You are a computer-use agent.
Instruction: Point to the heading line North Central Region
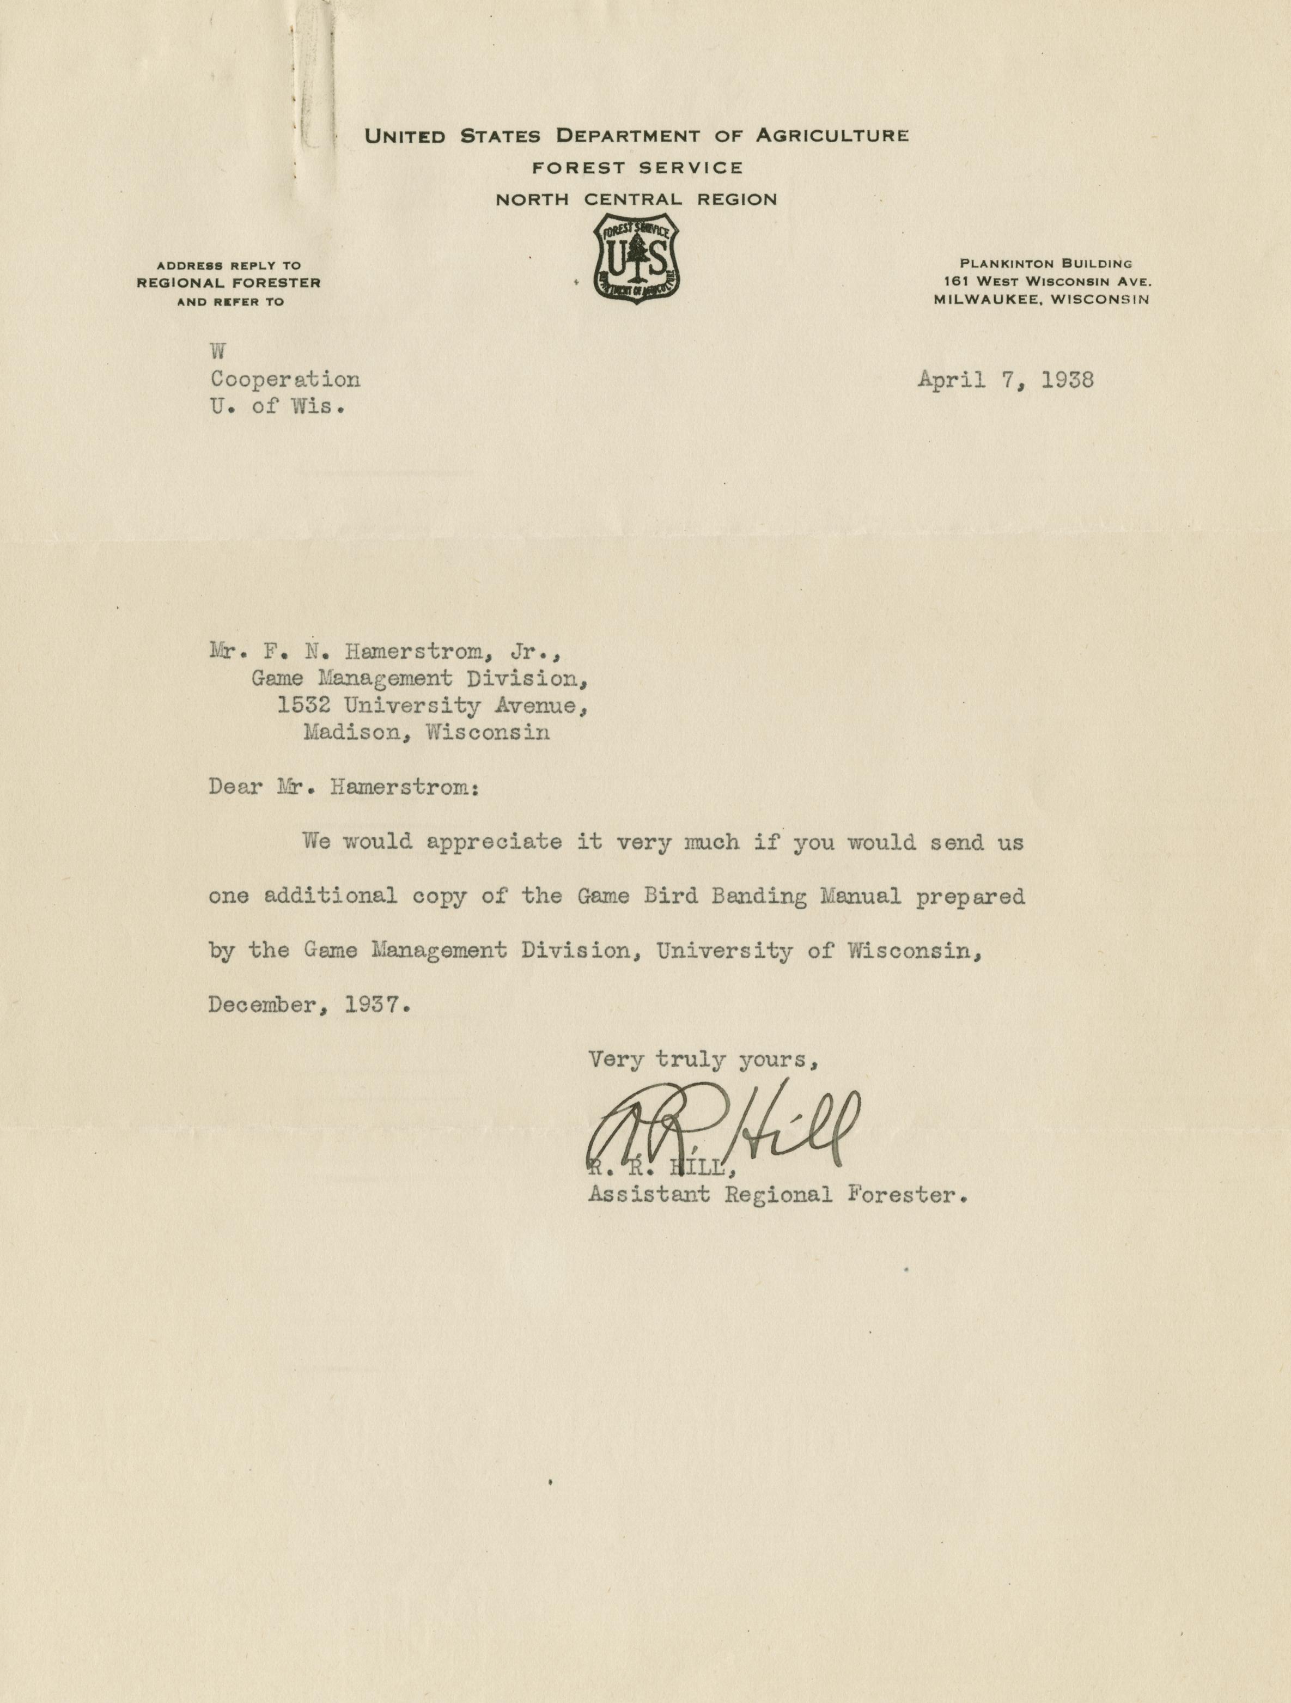[x=636, y=199]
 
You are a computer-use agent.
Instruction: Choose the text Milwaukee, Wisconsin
[x=1042, y=300]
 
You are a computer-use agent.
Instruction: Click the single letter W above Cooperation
[x=218, y=352]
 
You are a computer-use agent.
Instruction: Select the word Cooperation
[x=285, y=380]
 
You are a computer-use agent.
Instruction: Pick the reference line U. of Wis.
[x=277, y=406]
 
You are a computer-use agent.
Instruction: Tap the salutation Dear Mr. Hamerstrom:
[x=343, y=788]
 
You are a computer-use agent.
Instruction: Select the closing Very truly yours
[x=701, y=1060]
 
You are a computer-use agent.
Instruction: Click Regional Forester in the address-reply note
[x=229, y=283]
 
